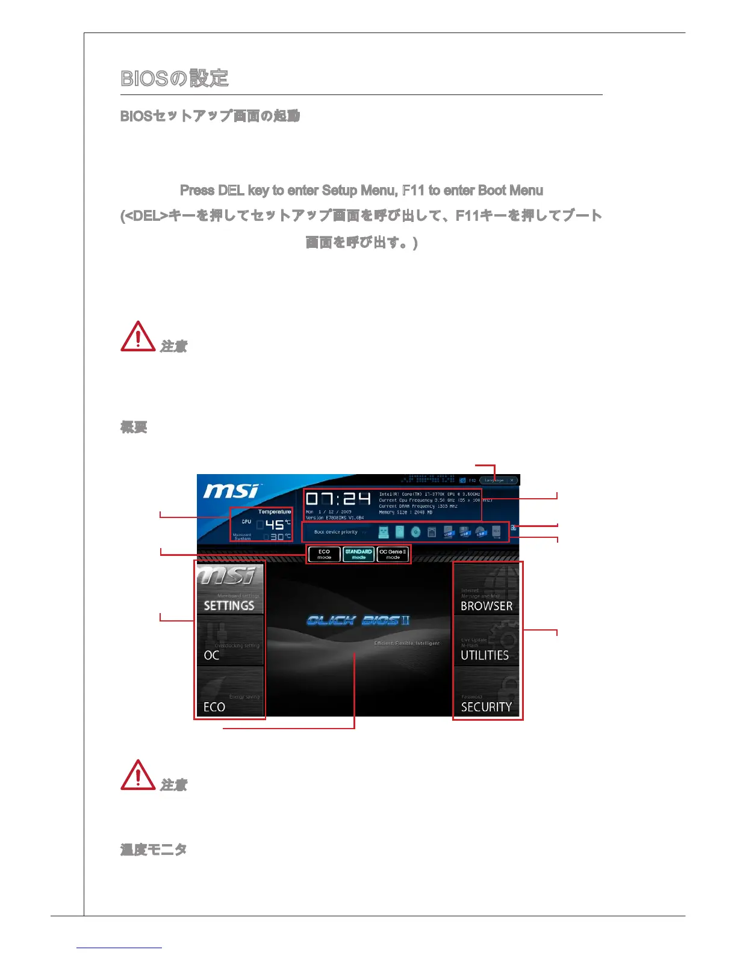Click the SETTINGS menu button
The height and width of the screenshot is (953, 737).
[x=229, y=589]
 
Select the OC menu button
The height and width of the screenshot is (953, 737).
[x=229, y=640]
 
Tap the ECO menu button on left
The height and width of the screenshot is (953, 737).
[x=229, y=692]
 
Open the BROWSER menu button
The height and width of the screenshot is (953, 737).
[x=487, y=590]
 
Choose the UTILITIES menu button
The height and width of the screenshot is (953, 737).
[x=487, y=641]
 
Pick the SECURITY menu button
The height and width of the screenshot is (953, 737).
[x=487, y=692]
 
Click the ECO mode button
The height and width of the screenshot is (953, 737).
[x=325, y=554]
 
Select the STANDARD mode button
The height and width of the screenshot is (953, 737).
[x=358, y=554]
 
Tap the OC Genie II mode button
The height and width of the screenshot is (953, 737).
[x=393, y=554]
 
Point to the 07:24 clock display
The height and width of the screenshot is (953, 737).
[x=338, y=499]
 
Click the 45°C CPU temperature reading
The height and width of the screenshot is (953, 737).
[x=275, y=524]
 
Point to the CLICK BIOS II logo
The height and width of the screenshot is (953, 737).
[x=358, y=620]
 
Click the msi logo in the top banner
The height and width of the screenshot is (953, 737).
[x=231, y=491]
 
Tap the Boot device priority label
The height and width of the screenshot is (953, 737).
[x=336, y=532]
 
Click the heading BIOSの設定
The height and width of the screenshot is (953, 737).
[x=175, y=78]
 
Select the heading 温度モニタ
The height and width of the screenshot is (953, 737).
[x=154, y=850]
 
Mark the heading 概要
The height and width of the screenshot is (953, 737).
[x=134, y=427]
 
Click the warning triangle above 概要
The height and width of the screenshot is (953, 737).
[x=138, y=337]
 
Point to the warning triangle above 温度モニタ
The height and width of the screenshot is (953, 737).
[x=138, y=776]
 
